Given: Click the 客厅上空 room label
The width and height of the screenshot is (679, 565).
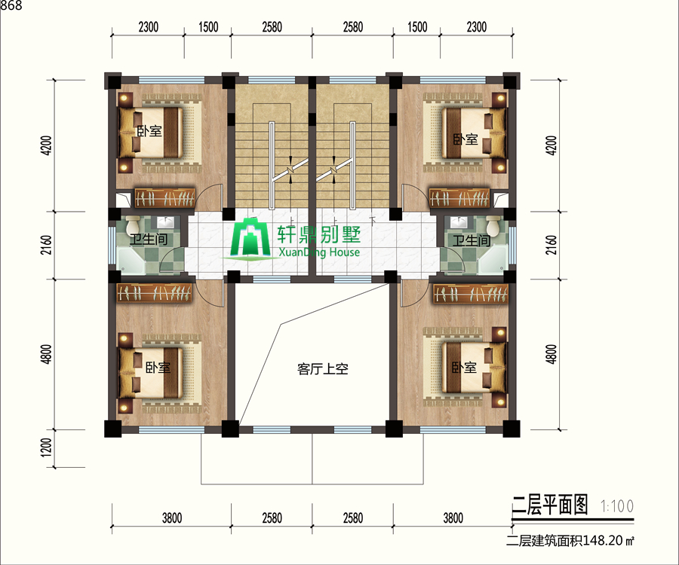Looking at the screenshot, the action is (323, 368).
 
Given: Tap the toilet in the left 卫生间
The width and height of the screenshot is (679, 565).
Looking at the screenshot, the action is (133, 224).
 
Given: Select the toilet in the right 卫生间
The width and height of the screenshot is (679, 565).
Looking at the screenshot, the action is (493, 224).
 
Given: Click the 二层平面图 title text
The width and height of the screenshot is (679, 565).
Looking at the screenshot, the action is (550, 505).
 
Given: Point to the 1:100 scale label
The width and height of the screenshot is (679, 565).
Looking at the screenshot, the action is (617, 505).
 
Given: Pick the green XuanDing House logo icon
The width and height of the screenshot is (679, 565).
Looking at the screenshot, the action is (250, 239).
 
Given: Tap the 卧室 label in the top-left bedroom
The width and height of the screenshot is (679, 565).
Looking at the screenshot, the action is (149, 131).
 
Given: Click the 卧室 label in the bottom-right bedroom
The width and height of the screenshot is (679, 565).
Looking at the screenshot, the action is (464, 368).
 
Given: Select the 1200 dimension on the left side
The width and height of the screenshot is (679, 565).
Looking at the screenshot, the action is (46, 447).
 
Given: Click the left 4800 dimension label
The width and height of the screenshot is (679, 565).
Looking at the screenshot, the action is (46, 354).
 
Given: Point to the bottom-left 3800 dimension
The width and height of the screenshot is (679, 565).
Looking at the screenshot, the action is (172, 518).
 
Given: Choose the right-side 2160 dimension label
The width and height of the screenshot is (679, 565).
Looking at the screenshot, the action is (551, 245).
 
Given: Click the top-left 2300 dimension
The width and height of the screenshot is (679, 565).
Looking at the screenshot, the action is (149, 27).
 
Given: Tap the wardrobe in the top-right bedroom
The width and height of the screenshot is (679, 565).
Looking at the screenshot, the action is (459, 198).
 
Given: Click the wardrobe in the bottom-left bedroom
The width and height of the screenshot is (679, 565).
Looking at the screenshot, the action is (155, 293).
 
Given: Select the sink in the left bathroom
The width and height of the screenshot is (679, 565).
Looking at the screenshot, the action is (165, 222).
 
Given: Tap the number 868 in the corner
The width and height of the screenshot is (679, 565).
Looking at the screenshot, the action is (11, 5).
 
